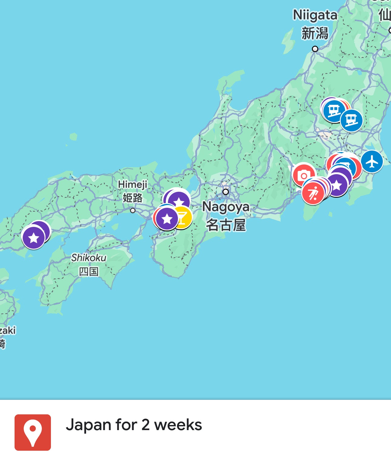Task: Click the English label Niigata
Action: [315, 15]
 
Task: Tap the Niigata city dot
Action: [315, 49]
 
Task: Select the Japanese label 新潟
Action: [315, 33]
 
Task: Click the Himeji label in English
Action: [132, 184]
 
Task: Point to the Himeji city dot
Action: [133, 210]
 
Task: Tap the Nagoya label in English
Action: [226, 207]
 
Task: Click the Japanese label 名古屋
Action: [226, 225]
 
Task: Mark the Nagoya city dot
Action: [226, 192]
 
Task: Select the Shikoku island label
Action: [89, 258]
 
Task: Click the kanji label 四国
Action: [89, 271]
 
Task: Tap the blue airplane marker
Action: [372, 162]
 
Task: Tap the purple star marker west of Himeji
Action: [33, 238]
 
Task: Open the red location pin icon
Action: [33, 432]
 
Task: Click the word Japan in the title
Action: [88, 425]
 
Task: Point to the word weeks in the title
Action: [178, 425]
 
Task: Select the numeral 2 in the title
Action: [145, 425]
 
